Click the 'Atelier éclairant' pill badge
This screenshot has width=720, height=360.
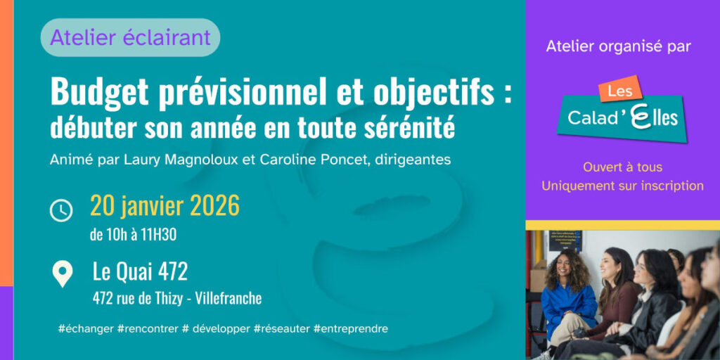tap(130, 37)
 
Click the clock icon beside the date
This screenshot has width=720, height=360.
tap(61, 211)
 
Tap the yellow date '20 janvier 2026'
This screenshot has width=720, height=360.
tap(165, 206)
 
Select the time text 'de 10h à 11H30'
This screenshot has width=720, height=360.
tap(133, 235)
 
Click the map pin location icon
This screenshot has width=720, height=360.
tap(62, 274)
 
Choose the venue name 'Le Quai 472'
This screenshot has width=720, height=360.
tap(140, 272)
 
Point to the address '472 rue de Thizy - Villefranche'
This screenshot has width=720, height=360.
tap(177, 298)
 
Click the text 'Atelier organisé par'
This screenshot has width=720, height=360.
tap(619, 46)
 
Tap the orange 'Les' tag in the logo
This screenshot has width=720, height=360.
tap(620, 90)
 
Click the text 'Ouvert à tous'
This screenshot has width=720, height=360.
tap(623, 167)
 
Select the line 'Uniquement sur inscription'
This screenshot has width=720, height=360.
tap(623, 186)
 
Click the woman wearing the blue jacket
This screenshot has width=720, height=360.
tap(567, 298)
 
